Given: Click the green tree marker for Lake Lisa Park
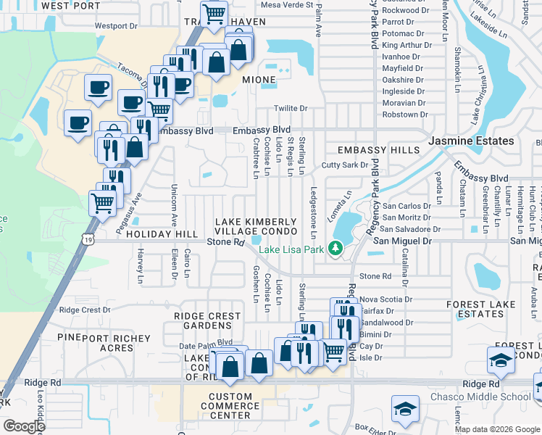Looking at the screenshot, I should coord(335,249).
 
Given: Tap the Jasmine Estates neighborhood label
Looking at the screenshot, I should coord(470,141).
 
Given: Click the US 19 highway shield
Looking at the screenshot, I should coord(87,239).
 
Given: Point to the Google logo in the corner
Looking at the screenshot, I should coord(24,426).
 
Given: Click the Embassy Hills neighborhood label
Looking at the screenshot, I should coord(379,150).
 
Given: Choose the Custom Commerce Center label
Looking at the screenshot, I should coord(230,406).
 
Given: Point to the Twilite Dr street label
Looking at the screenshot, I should coord(291,108).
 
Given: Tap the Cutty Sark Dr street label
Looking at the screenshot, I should coord(346,165).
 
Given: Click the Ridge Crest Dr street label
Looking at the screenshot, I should coord(85,310).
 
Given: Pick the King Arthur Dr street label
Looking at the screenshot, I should coord(406,45).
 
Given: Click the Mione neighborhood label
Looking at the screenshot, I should coord(259,80).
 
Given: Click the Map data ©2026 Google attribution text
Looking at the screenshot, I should coord(497,429).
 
